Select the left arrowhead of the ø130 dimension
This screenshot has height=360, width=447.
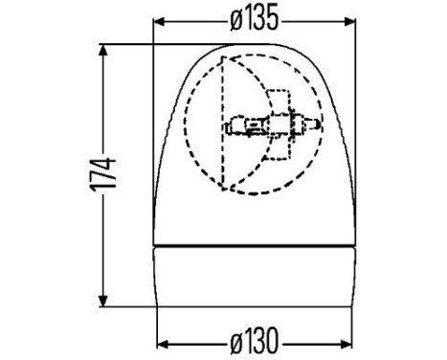click(x=161, y=341)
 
